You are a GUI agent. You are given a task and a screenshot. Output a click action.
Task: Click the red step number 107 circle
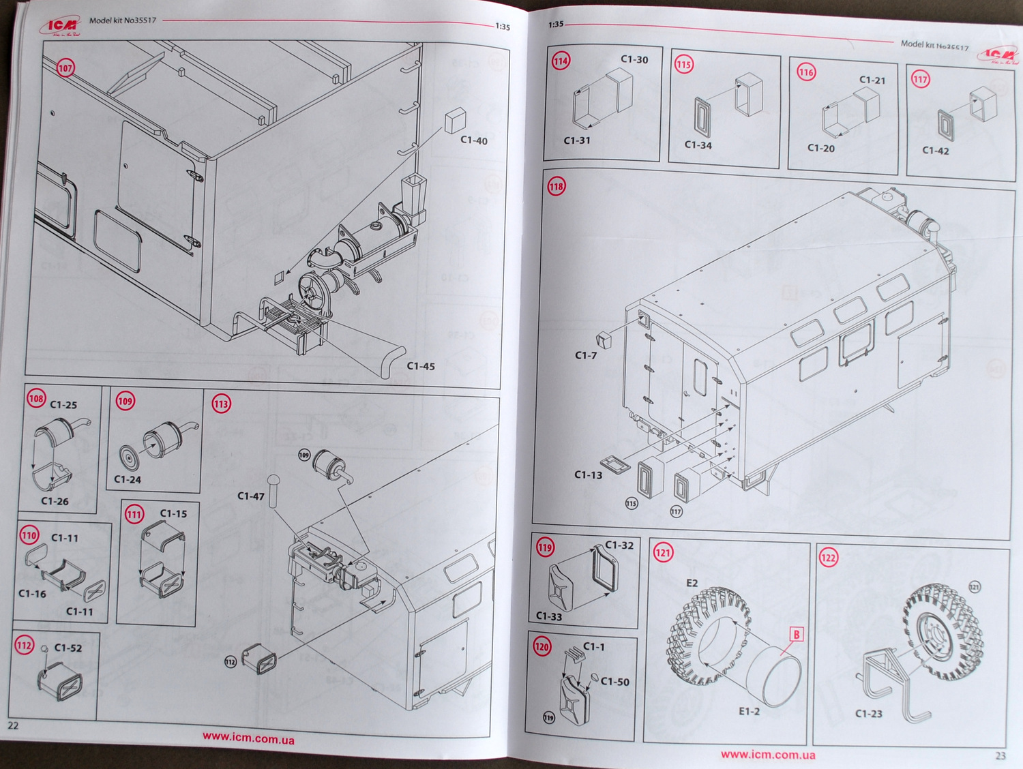(65, 68)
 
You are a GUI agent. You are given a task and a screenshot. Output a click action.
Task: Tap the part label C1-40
(474, 140)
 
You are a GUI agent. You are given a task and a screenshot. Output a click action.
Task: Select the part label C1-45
(421, 366)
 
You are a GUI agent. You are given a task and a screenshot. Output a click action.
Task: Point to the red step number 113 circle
(221, 404)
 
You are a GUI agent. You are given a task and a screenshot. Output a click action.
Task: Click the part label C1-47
(250, 496)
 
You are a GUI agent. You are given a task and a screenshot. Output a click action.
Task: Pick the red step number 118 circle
(557, 186)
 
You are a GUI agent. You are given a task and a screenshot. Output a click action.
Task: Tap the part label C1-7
(586, 355)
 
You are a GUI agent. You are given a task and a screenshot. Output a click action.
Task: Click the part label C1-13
(588, 474)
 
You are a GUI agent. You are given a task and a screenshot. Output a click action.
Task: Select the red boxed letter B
(796, 635)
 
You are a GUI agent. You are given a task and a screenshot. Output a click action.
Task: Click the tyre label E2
(692, 583)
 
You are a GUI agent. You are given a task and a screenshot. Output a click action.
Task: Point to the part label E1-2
(749, 712)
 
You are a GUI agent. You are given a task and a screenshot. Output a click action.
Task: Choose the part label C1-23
(868, 714)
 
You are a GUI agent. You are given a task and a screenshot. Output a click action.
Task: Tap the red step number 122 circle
(828, 558)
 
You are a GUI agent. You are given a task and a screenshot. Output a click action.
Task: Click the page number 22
(13, 725)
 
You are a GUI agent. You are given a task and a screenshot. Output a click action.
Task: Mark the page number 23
(1000, 755)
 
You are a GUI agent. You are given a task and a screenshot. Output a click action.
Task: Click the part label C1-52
(68, 648)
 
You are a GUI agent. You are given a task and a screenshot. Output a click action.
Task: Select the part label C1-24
(128, 479)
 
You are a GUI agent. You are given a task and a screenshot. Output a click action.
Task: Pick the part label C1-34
(698, 145)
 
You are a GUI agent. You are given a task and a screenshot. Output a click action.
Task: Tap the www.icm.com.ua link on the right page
(768, 755)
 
